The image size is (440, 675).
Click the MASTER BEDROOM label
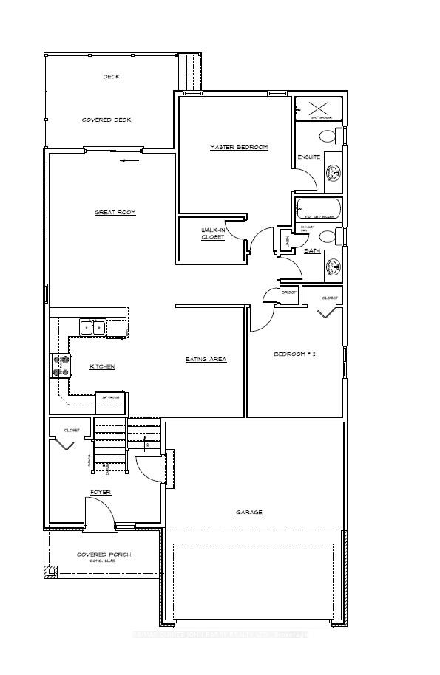pos(238,148)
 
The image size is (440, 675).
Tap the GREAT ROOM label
pos(115,213)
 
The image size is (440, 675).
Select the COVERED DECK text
pos(106,120)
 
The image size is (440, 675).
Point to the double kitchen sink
pos(92,327)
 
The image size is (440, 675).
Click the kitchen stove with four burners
pos(60,364)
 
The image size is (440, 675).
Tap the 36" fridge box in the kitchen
pos(111,403)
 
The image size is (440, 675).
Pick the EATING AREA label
pos(205,360)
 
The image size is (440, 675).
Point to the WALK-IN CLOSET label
pos(212,233)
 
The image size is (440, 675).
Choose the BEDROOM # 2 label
pos(294,354)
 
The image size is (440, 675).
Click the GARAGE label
pos(249,512)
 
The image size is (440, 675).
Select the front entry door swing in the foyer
pos(99,512)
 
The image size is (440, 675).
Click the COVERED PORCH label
pos(104,555)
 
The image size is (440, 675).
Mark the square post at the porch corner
pos(51,571)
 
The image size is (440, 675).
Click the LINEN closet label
pos(288,238)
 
